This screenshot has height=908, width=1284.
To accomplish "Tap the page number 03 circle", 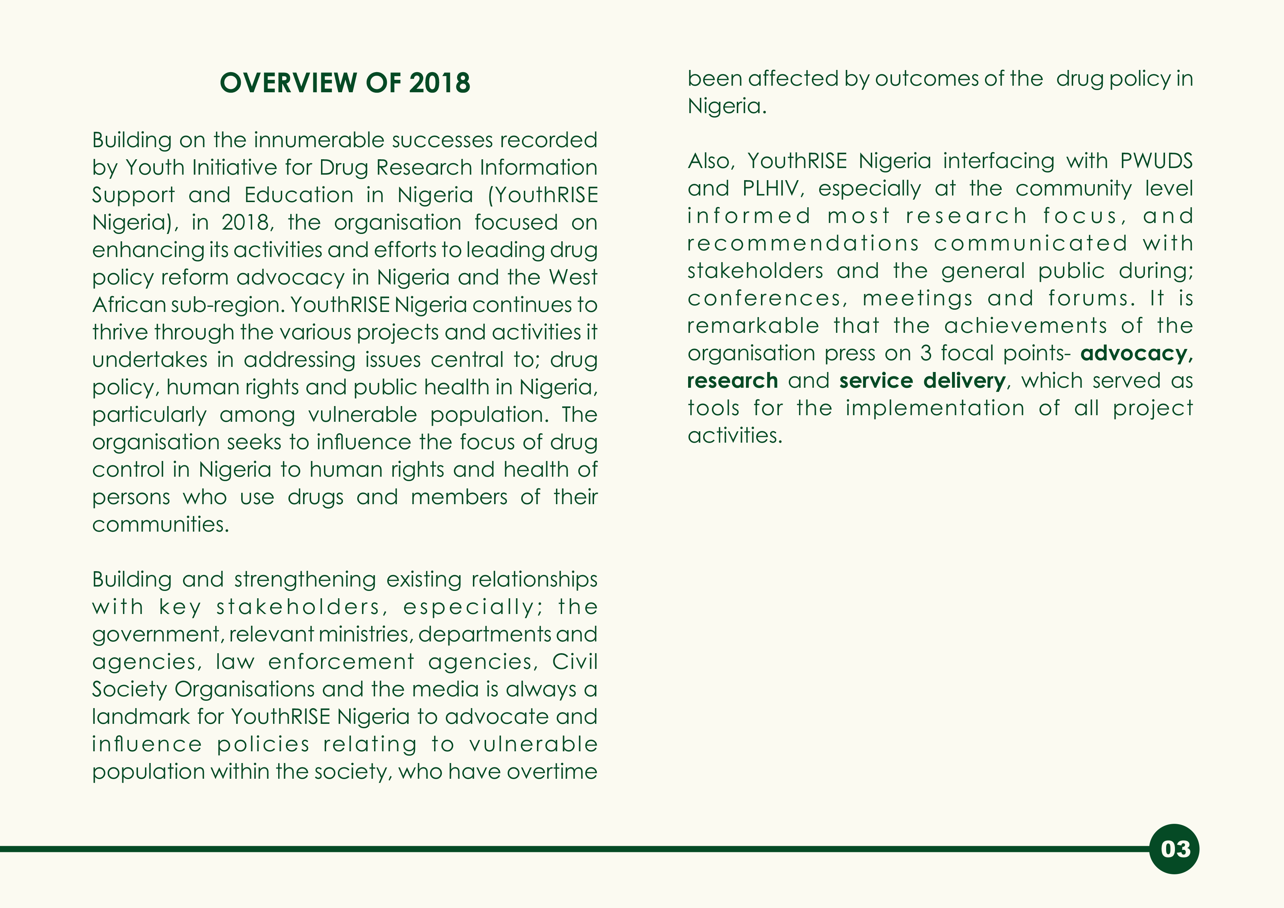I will (1175, 849).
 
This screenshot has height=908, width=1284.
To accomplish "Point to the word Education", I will (299, 195).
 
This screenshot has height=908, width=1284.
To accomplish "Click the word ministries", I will (366, 635).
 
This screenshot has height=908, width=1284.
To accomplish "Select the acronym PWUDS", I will (1156, 161).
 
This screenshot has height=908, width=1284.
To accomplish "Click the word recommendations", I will (803, 243).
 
